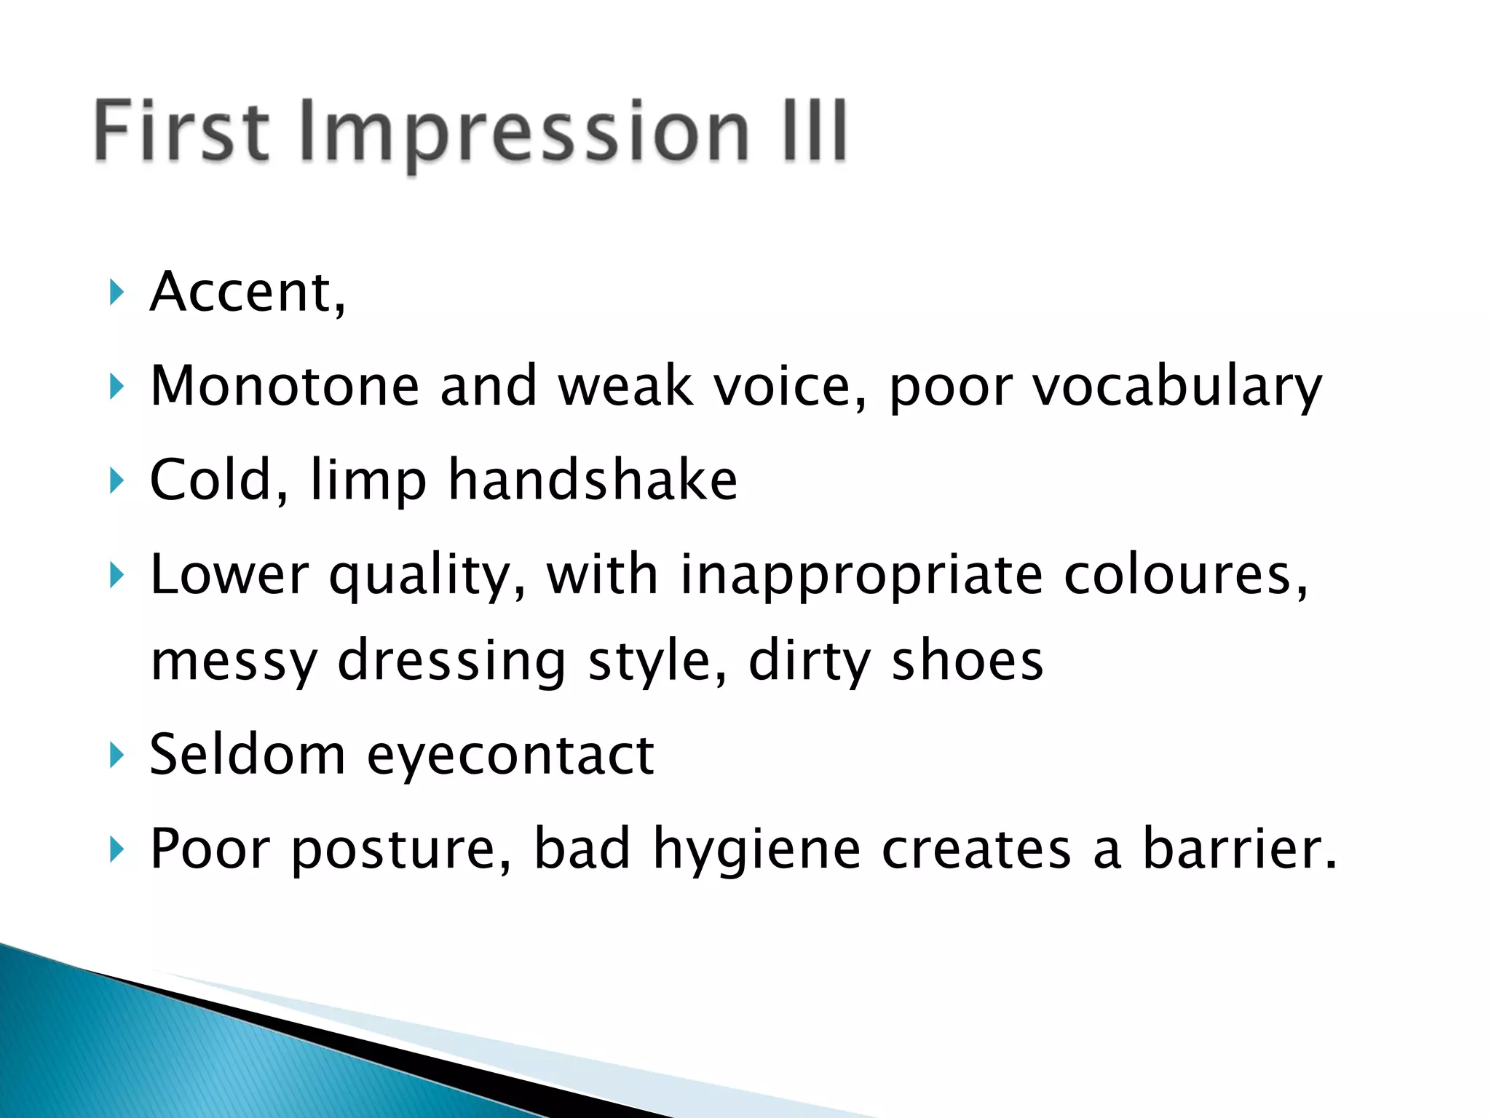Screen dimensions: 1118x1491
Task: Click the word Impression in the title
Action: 524,132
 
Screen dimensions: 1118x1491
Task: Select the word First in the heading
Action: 182,131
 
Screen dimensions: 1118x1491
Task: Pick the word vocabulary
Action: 1177,387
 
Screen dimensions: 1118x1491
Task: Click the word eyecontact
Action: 510,756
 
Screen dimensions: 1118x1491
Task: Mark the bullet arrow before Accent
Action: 116,293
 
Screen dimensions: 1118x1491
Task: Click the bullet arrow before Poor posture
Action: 116,849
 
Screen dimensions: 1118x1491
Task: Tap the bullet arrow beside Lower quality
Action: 116,575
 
